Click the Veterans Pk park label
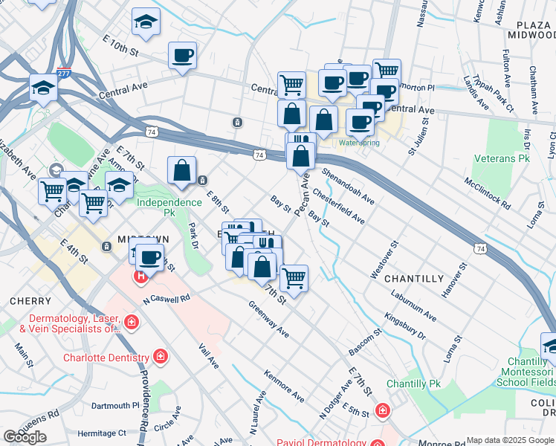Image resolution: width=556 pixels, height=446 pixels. point(502,159)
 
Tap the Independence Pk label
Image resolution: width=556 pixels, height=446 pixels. point(169,202)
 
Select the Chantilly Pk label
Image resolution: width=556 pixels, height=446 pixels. point(414,384)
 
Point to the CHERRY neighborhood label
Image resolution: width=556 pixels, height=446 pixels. point(30,301)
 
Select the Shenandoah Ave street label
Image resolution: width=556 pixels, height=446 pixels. point(348,186)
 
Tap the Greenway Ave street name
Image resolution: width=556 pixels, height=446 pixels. point(268,319)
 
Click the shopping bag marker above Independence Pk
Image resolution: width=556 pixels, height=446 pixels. point(181,171)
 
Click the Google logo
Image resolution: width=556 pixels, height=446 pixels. point(25,437)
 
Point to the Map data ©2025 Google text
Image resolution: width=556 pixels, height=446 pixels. point(510,440)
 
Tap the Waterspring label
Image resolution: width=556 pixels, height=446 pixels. point(359,142)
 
